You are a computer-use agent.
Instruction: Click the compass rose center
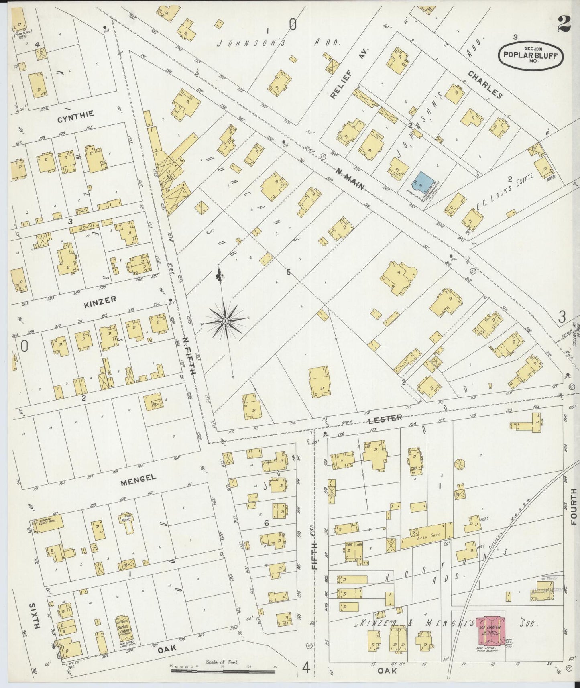click(226, 321)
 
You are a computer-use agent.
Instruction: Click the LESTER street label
click(385, 418)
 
